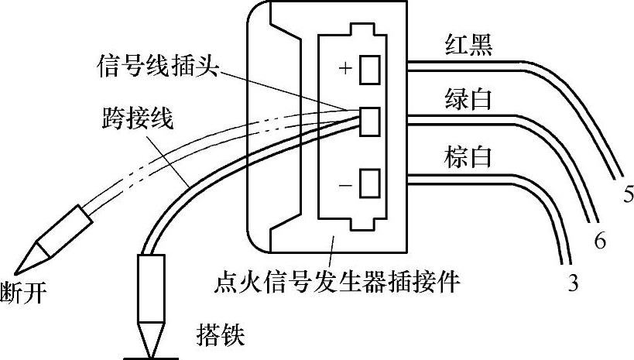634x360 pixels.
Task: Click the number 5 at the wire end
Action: (x=628, y=194)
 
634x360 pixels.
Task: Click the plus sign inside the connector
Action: (x=345, y=69)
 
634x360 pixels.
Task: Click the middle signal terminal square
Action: (x=371, y=120)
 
